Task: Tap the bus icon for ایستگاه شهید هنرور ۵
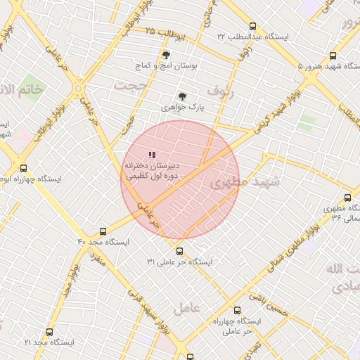pos(333,56)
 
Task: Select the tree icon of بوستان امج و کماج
pos(166,55)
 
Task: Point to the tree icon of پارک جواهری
pos(183,96)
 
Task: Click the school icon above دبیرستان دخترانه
pos(153,155)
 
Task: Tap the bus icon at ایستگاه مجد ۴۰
pos(103,231)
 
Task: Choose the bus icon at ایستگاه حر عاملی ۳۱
pos(179,250)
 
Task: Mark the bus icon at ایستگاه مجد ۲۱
pos(49,332)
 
